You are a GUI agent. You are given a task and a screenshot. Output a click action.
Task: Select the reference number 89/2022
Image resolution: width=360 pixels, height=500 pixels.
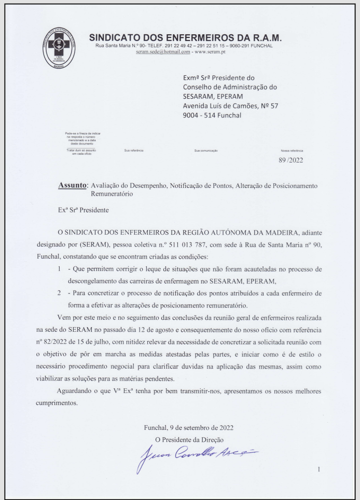(x=292, y=160)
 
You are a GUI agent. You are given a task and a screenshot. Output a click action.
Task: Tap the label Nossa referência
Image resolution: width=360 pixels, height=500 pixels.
(x=291, y=151)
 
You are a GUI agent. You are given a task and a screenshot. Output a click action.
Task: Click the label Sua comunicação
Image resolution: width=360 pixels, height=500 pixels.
(x=205, y=151)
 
